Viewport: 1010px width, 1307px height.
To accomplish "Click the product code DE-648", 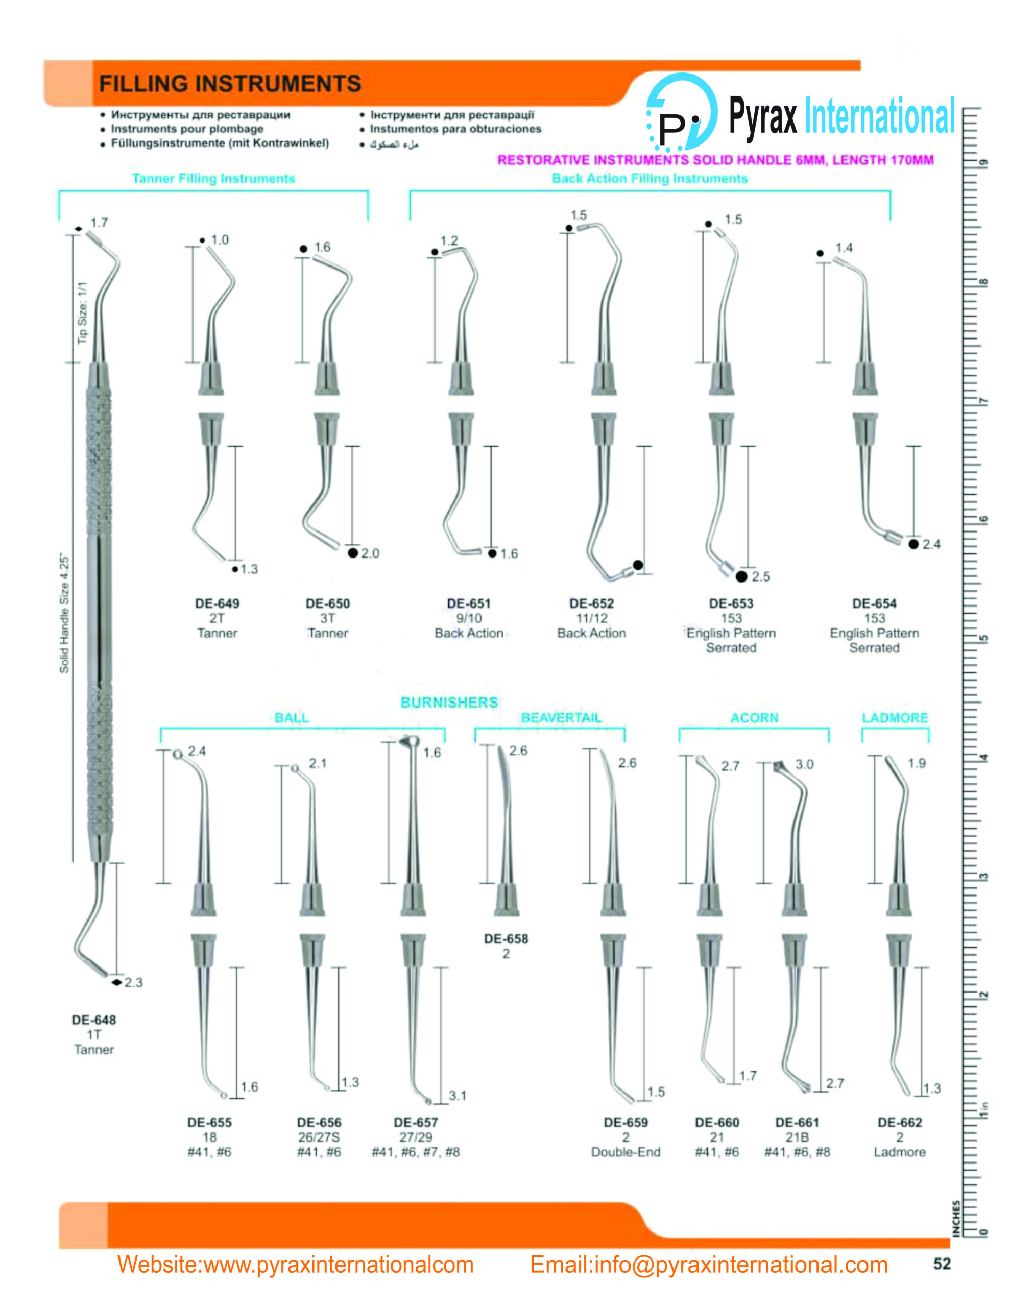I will (x=93, y=1020).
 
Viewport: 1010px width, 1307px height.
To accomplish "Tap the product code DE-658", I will (x=506, y=938).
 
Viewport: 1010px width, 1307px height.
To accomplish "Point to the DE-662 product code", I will (x=899, y=1122).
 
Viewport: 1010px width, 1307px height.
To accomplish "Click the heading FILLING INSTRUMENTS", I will (x=230, y=83).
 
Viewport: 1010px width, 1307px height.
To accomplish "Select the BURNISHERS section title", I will (x=449, y=702).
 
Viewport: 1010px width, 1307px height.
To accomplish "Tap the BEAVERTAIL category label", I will (x=561, y=717).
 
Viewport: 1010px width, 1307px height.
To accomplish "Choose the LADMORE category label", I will (x=895, y=717).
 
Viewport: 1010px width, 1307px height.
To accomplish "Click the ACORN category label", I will (x=754, y=717).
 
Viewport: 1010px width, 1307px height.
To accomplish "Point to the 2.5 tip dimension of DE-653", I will (x=761, y=576).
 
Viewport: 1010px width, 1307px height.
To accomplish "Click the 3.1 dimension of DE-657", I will (x=458, y=1095).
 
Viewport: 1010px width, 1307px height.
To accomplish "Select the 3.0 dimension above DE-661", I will (x=804, y=764).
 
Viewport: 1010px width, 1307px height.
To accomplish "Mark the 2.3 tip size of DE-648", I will (x=133, y=982).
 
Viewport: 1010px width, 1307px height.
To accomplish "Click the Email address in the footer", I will (x=708, y=1265).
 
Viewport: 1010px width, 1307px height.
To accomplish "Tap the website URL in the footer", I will (x=295, y=1265).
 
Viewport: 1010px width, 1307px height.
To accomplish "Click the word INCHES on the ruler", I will (x=956, y=1218).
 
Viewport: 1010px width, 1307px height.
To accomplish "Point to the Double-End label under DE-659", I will (x=626, y=1152).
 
